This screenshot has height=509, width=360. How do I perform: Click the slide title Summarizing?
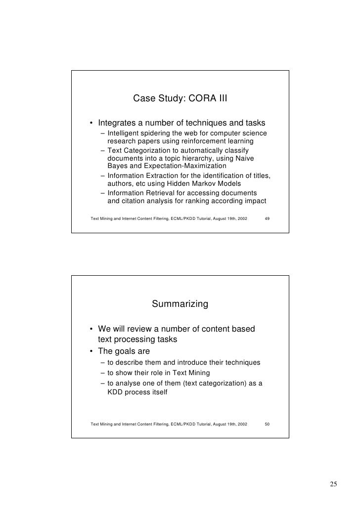click(180, 304)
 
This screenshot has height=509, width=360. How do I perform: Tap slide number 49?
click(267, 218)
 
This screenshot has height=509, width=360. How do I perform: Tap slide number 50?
click(267, 424)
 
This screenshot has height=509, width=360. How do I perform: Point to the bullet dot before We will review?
click(91, 330)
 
